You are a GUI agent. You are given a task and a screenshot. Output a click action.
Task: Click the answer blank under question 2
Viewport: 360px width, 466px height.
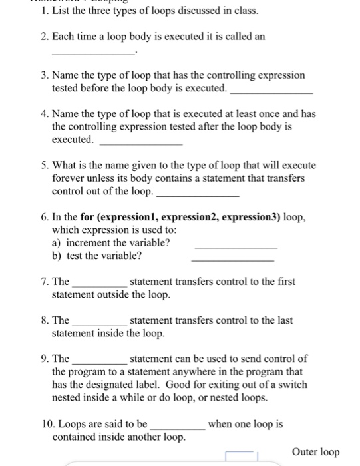coord(93,52)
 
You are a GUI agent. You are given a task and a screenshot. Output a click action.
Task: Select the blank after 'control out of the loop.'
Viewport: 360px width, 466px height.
coord(197,195)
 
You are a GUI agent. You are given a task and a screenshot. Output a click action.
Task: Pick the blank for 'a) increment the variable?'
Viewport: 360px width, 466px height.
coord(235,247)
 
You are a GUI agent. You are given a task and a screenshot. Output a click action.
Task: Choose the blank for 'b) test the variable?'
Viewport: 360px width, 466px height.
coord(232,260)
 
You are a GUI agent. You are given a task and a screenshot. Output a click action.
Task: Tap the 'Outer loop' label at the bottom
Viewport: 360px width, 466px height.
coord(315,453)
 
